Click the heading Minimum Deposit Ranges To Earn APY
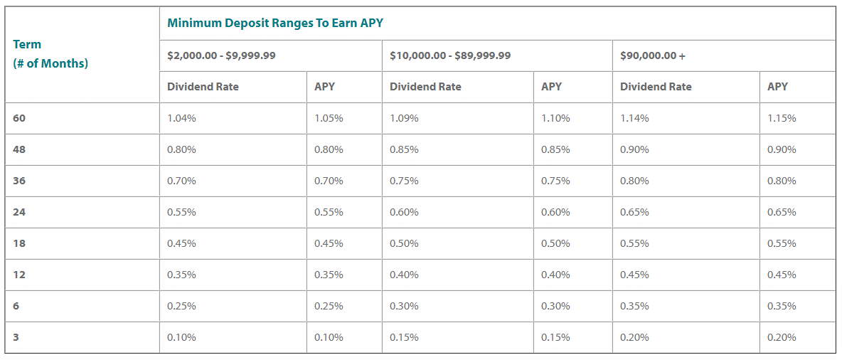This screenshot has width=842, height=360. [x=275, y=23]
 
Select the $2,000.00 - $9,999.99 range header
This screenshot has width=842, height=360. [x=221, y=55]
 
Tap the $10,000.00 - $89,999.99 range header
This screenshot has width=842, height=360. [x=449, y=55]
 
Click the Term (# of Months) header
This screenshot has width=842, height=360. [x=50, y=54]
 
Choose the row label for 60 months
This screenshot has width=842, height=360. [x=19, y=118]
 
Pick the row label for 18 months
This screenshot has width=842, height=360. [x=19, y=243]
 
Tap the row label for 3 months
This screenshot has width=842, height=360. [x=16, y=337]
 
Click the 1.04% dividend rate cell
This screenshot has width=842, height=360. [x=181, y=118]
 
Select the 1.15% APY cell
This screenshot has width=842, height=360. [x=782, y=118]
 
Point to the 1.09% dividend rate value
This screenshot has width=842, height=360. [x=404, y=118]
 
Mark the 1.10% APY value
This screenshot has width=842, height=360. [x=555, y=118]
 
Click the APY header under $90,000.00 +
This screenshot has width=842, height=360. [x=777, y=87]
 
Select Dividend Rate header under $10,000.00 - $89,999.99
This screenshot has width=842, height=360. [x=425, y=87]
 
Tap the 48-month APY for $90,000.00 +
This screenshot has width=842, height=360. [x=782, y=149]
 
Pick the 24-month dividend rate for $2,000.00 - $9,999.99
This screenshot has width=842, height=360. [x=181, y=212]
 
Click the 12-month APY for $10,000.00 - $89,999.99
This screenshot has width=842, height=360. [x=555, y=275]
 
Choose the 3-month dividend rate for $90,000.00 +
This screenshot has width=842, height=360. [x=634, y=337]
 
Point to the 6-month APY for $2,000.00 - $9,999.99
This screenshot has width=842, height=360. [x=329, y=306]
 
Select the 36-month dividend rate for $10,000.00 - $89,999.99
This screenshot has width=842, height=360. [x=404, y=181]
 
